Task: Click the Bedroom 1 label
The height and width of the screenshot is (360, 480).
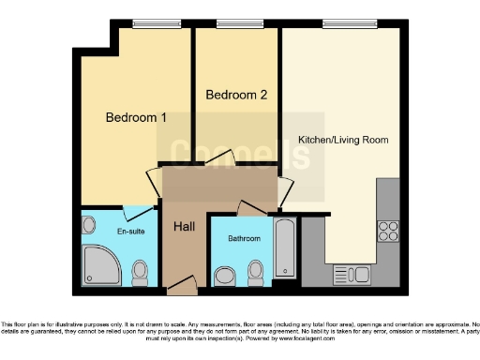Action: [x=136, y=118]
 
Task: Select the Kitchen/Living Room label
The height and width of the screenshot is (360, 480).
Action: [x=342, y=140]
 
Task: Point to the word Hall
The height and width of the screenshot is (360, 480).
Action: [x=184, y=226]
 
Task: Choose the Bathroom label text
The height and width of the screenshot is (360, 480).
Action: [x=245, y=239]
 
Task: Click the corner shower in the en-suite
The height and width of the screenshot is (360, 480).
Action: [x=100, y=265]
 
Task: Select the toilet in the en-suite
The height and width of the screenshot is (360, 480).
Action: [x=141, y=273]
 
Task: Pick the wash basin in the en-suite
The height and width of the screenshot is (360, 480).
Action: [x=89, y=226]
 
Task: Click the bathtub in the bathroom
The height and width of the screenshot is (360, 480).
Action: [x=285, y=247]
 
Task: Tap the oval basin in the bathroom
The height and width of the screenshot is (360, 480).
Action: [x=225, y=276]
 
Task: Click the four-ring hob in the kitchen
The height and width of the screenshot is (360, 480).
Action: [x=388, y=232]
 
